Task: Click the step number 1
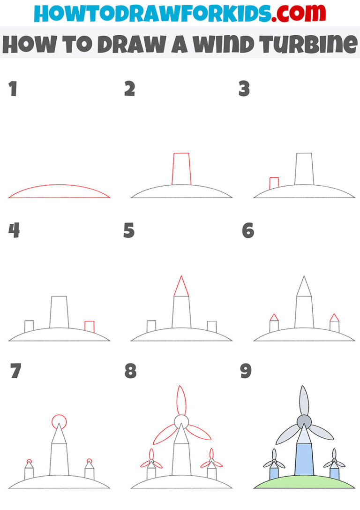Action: [13, 89]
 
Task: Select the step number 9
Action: [246, 371]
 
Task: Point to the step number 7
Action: [15, 371]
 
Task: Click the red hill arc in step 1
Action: [59, 186]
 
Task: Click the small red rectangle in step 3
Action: [274, 183]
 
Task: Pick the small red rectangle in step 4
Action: [90, 327]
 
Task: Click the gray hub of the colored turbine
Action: [304, 421]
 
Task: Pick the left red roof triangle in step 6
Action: [274, 318]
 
